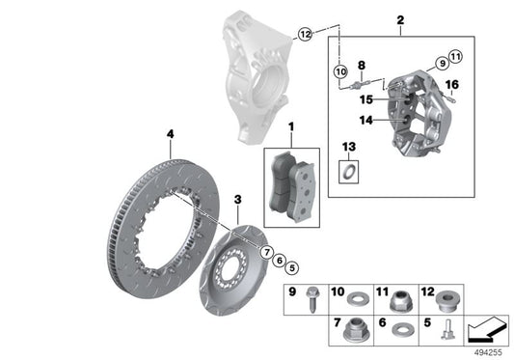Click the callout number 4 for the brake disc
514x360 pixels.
pyautogui.click(x=169, y=133)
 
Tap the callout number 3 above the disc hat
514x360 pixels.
pyautogui.click(x=237, y=200)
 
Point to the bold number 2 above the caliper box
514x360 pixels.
pyautogui.click(x=399, y=18)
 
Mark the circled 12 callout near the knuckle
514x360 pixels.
pyautogui.click(x=305, y=34)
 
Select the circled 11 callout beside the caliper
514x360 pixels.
pyautogui.click(x=456, y=56)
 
